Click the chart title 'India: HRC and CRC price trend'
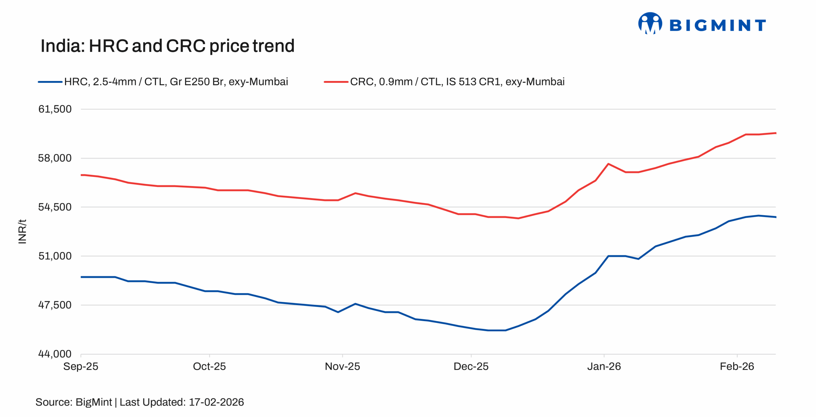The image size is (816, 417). (167, 46)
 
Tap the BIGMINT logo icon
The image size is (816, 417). (650, 23)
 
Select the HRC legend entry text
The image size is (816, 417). (176, 82)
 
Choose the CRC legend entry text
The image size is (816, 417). (457, 82)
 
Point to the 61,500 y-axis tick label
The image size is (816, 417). (55, 109)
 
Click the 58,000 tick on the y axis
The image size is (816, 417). (55, 158)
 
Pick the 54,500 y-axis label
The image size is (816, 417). (55, 207)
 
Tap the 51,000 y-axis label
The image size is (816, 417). (55, 256)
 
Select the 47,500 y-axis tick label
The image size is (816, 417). (55, 305)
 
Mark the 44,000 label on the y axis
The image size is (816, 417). (55, 354)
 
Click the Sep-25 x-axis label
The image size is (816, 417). (81, 367)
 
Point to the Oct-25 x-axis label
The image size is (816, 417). (209, 367)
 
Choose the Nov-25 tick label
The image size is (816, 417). (342, 367)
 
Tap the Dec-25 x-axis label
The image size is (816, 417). (471, 367)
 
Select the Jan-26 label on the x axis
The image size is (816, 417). (604, 367)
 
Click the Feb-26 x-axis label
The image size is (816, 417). (737, 367)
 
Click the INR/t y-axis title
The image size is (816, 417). (22, 232)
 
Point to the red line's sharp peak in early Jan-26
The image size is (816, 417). (608, 164)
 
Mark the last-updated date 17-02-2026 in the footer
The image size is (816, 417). (216, 402)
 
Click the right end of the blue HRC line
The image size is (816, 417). (775, 217)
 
